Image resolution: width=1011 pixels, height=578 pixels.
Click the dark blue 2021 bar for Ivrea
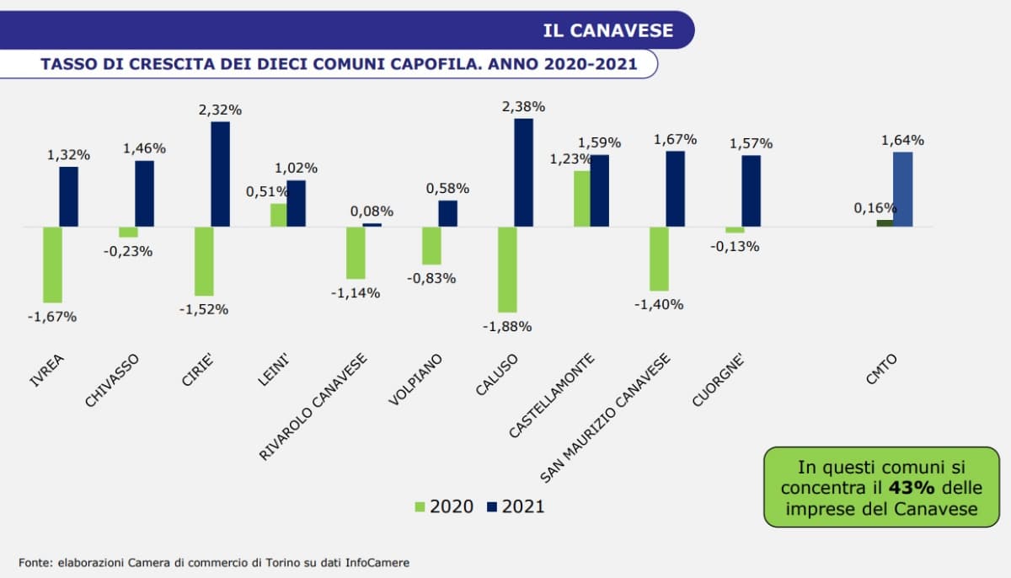[x=69, y=196]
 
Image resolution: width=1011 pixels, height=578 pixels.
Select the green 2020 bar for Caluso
[x=507, y=270]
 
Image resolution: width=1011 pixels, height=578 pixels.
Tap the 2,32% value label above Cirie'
[x=221, y=110]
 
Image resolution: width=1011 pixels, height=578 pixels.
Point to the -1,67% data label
[x=52, y=317]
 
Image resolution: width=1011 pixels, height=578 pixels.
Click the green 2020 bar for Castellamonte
[x=582, y=199]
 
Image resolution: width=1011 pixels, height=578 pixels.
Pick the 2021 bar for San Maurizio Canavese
[x=675, y=189]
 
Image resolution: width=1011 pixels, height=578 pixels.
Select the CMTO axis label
[x=882, y=371]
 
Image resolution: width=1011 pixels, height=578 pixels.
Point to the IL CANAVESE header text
[x=608, y=30]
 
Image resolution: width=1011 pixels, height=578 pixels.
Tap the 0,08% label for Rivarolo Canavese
[x=372, y=211]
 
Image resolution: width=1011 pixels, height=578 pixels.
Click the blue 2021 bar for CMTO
[x=902, y=190]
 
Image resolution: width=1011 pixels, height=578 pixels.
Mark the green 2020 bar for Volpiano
[x=431, y=246]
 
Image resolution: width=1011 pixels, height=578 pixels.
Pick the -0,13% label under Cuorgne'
[x=735, y=247]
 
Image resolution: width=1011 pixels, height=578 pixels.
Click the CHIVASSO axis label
[x=112, y=381]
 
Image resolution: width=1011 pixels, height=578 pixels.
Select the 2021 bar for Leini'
[x=297, y=203]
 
